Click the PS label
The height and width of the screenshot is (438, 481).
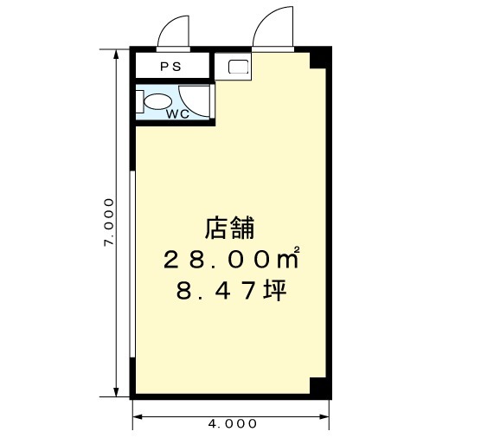[x=171, y=67]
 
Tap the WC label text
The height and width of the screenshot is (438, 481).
[x=177, y=114]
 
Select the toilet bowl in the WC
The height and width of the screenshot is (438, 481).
[x=157, y=101]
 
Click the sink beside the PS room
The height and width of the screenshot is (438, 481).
[x=239, y=67]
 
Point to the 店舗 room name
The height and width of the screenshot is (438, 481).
[x=230, y=228]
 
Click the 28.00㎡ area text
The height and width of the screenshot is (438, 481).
[x=231, y=259]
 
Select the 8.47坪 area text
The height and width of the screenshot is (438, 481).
[x=232, y=291]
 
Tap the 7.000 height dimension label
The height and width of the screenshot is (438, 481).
[x=109, y=222]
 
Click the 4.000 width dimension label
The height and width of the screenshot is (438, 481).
[x=232, y=424]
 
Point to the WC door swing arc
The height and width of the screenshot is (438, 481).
[x=188, y=107]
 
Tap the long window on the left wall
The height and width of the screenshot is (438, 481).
[x=132, y=264]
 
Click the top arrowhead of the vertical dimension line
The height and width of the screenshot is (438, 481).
[x=116, y=54]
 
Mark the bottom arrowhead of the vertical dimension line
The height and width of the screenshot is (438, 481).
[x=116, y=392]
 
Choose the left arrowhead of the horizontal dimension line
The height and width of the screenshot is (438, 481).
[x=138, y=417]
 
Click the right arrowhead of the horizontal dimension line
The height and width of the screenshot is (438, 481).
[x=324, y=417]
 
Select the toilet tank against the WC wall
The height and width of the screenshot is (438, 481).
[x=139, y=101]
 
